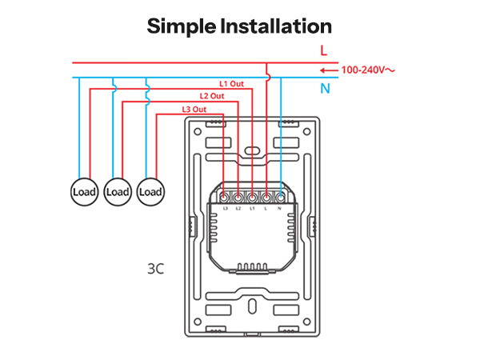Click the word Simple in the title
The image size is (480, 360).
tap(182, 27)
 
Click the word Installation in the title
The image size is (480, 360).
tap(276, 26)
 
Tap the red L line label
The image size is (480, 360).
tap(323, 50)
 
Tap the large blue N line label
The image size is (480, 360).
tap(325, 89)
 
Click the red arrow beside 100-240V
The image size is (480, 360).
tap(329, 70)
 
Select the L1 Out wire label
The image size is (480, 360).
tap(231, 83)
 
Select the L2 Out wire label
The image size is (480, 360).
tap(212, 96)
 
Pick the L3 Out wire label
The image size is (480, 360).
tap(194, 110)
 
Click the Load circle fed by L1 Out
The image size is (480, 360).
tap(85, 192)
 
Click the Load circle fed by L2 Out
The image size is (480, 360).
tap(118, 192)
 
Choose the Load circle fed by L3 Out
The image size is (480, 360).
tap(150, 192)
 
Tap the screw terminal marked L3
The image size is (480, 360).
tap(224, 198)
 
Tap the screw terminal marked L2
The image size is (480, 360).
tap(238, 198)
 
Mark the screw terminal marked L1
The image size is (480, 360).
tap(252, 198)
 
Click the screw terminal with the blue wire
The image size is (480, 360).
tap(280, 198)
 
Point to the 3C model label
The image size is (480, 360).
tap(155, 269)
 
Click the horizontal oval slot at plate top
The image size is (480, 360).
tap(252, 150)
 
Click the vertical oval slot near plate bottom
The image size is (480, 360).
tap(252, 306)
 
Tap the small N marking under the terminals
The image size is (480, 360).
tap(279, 209)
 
